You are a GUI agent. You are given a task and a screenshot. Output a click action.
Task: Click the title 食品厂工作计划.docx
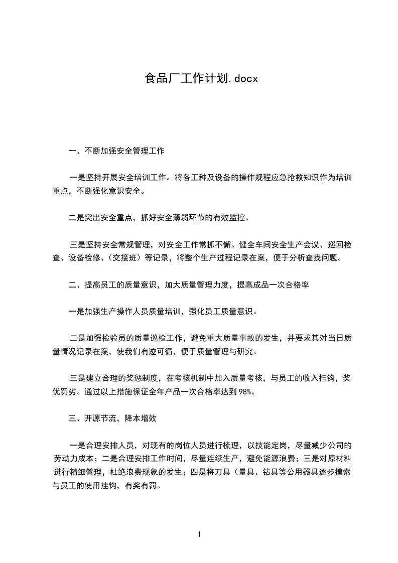(x=201, y=79)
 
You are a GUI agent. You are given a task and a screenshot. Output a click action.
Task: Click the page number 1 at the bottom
(x=199, y=534)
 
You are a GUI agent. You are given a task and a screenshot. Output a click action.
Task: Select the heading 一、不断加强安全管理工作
(x=116, y=150)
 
